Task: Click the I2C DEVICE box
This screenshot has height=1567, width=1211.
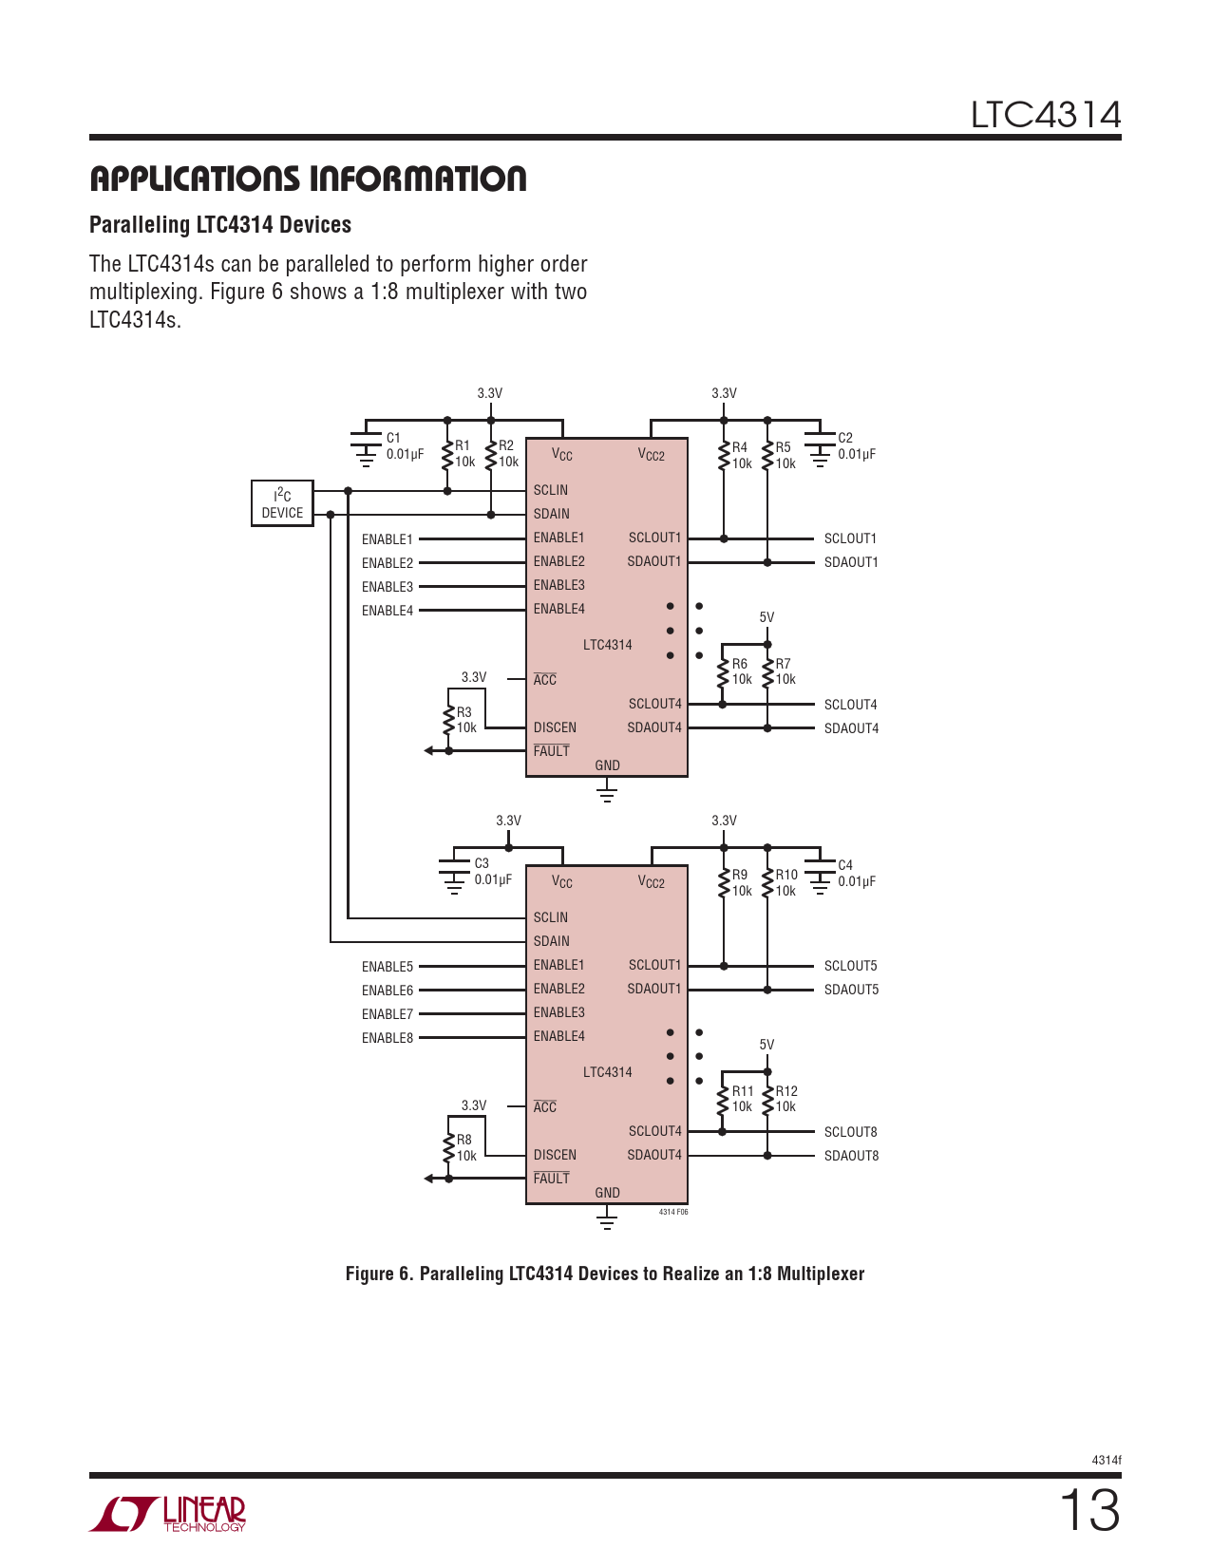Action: point(282,503)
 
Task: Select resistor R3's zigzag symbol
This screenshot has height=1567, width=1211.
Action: point(448,721)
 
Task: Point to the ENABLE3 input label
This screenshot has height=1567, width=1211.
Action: point(388,587)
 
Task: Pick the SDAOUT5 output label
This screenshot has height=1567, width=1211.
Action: point(851,991)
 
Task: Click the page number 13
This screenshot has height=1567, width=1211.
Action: point(1089,1511)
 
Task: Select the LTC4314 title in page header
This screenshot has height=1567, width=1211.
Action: point(1046,115)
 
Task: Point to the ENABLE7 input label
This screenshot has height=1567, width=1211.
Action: point(388,1014)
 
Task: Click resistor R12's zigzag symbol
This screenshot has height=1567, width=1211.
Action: point(767,1099)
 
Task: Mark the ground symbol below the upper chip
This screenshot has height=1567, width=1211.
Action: point(607,794)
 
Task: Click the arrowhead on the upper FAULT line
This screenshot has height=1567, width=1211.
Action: point(428,750)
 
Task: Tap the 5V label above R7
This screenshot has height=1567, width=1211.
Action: point(766,617)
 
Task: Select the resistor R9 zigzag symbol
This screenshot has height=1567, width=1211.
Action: point(724,883)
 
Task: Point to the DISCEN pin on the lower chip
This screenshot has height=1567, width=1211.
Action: point(555,1155)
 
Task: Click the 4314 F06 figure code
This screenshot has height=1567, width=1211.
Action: point(673,1212)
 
